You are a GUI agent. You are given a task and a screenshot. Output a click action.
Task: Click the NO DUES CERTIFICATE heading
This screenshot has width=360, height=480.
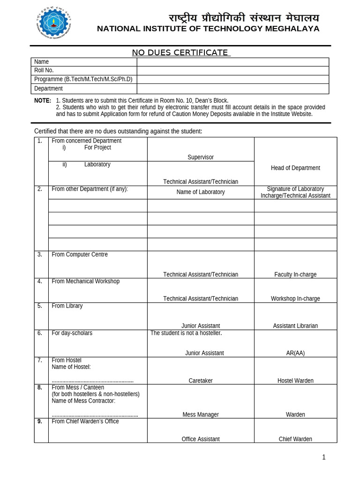pyautogui.click(x=181, y=52)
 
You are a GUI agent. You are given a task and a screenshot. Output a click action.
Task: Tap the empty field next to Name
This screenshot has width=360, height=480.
pyautogui.click(x=232, y=62)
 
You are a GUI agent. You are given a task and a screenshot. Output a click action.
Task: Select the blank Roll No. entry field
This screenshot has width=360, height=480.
pyautogui.click(x=232, y=70)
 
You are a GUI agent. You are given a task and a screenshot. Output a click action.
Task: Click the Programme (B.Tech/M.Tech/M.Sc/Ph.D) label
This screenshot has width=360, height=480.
pyautogui.click(x=83, y=79)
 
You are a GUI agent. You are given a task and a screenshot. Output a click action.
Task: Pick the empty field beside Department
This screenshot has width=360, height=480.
pyautogui.click(x=232, y=89)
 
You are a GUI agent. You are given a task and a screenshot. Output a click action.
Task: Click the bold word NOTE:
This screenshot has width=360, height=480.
pyautogui.click(x=43, y=101)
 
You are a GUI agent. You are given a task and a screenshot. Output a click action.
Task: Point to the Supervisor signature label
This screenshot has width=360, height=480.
pyautogui.click(x=201, y=157)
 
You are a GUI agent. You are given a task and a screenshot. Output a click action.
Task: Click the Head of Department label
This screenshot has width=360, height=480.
pyautogui.click(x=295, y=168)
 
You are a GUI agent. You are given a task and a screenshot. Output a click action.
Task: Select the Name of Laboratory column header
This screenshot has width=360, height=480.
pyautogui.click(x=201, y=192)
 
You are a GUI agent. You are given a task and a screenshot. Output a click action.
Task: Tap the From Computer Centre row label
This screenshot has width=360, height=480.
pyautogui.click(x=80, y=255)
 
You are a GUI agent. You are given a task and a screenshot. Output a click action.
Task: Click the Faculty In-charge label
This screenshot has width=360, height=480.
pyautogui.click(x=295, y=275)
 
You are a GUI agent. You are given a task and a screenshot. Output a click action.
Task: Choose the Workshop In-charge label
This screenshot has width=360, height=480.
pyautogui.click(x=295, y=299)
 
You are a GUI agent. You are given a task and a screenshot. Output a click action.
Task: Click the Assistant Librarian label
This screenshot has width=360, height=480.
pyautogui.click(x=295, y=326)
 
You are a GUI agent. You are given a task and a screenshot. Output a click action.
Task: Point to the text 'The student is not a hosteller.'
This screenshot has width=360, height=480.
pyautogui.click(x=186, y=333)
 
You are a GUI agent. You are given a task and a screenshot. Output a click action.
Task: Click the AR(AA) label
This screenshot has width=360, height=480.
pyautogui.click(x=295, y=353)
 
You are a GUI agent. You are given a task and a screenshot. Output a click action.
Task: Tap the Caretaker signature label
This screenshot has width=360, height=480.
pyautogui.click(x=201, y=381)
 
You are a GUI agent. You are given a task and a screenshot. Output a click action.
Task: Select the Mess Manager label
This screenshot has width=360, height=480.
pyautogui.click(x=201, y=414)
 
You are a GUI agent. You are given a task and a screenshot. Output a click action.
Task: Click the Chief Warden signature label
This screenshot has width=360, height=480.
pyautogui.click(x=295, y=439)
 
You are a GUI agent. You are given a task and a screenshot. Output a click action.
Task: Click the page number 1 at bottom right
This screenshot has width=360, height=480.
pyautogui.click(x=323, y=457)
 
